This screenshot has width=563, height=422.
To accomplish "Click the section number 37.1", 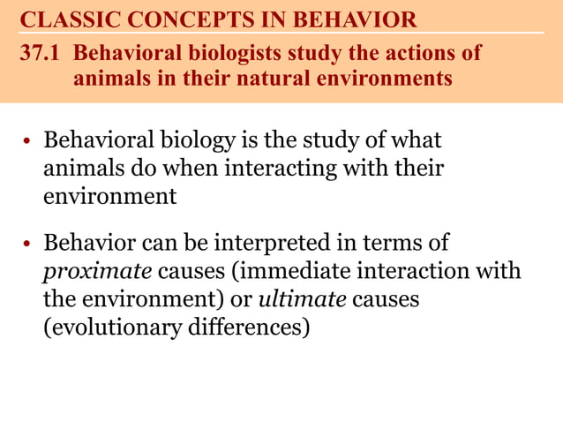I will [43, 53].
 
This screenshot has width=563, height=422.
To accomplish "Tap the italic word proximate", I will [91, 271].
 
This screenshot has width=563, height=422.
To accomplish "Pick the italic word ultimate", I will [302, 299].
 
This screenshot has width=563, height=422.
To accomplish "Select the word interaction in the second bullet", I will [432, 271].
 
